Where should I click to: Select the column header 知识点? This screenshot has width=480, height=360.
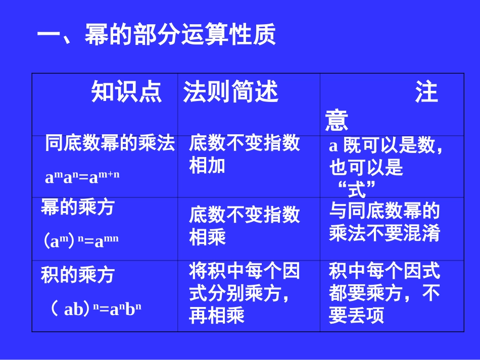[127, 93]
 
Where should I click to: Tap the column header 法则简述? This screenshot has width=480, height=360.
[231, 93]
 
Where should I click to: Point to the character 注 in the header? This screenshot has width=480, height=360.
[426, 93]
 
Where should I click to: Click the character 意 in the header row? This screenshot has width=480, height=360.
[337, 121]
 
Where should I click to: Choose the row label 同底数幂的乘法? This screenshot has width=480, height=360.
[110, 144]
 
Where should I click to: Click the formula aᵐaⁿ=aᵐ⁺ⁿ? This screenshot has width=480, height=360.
[82, 177]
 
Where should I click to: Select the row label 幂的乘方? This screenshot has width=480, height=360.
[78, 208]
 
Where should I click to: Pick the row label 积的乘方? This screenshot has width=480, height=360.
[78, 275]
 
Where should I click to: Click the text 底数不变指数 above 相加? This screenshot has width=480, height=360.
[245, 144]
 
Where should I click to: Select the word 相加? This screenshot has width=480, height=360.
[207, 166]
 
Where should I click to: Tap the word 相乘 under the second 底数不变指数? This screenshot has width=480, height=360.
[207, 237]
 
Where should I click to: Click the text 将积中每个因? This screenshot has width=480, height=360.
[245, 272]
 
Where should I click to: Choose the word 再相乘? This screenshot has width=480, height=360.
[217, 316]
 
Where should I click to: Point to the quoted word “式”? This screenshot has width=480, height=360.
[357, 190]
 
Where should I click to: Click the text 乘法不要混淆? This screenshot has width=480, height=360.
[385, 233]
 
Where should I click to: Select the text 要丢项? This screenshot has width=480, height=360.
[356, 316]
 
